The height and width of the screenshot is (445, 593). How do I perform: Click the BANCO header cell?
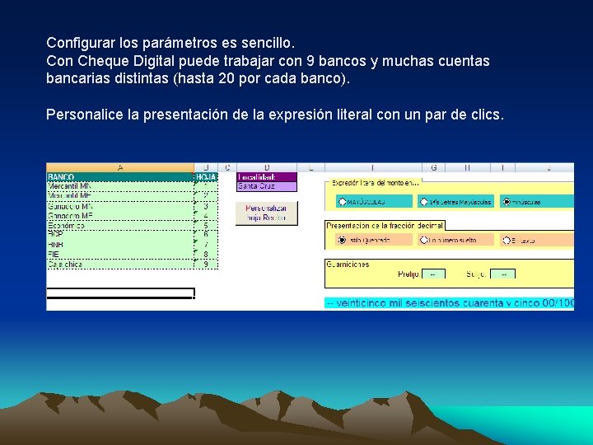point(61,177)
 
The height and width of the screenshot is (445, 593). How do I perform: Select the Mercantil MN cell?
point(70,186)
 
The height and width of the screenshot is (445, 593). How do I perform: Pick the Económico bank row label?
point(68,225)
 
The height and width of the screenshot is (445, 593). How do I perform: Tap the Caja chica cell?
point(65,264)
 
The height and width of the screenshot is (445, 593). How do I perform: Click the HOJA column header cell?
point(206,177)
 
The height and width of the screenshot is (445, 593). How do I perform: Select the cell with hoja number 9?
point(206,264)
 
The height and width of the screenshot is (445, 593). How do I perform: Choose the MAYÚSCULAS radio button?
point(343,201)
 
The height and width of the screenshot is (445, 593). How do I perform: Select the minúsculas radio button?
point(507,201)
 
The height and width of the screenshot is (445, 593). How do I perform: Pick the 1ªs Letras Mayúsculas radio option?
point(424,201)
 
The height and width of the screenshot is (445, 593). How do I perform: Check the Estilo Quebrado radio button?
point(343,241)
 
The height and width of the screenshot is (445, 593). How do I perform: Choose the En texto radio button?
point(507,241)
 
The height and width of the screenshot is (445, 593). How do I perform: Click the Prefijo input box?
point(433,274)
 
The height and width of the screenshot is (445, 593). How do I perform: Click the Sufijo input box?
point(503,274)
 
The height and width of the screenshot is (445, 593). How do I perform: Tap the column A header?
point(120,167)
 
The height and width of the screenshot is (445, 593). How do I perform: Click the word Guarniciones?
point(348,265)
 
